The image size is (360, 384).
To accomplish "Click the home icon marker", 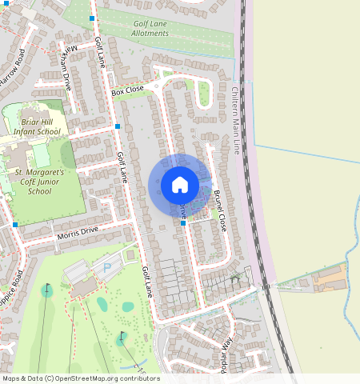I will (x=180, y=186).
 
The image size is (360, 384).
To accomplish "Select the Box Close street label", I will (x=128, y=91).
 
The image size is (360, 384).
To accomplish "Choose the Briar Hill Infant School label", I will (x=37, y=125).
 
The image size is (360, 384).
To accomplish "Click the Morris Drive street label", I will (x=78, y=233).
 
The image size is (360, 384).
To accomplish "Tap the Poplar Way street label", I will (x=223, y=357).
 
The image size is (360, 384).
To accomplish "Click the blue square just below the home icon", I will (x=183, y=223).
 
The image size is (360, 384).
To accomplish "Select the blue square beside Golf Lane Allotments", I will (x=93, y=18).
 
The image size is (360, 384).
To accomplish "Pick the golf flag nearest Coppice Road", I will (x=46, y=286).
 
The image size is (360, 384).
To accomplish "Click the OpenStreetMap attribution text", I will (x=80, y=378).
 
